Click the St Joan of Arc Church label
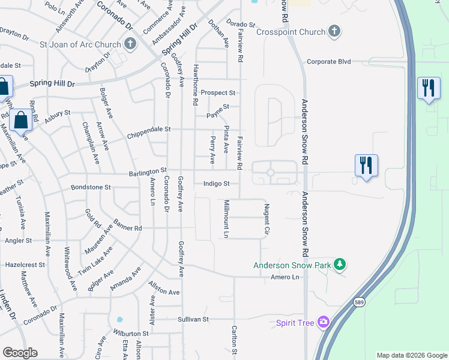tap(80, 44)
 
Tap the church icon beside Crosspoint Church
tap(335, 31)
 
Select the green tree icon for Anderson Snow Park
tap(340, 264)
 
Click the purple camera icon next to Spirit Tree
tap(324, 323)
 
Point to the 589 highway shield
tap(359, 301)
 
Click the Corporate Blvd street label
tap(328, 61)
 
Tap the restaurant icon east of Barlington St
tap(366, 164)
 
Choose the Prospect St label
tap(217, 93)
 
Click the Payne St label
tap(218, 107)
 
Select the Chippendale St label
tap(149, 129)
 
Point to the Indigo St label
tap(216, 184)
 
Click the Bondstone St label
tap(91, 187)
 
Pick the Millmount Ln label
tap(226, 218)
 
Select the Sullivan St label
tap(193, 319)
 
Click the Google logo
tap(20, 353)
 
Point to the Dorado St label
tap(241, 25)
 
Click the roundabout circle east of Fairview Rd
tap(270, 173)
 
